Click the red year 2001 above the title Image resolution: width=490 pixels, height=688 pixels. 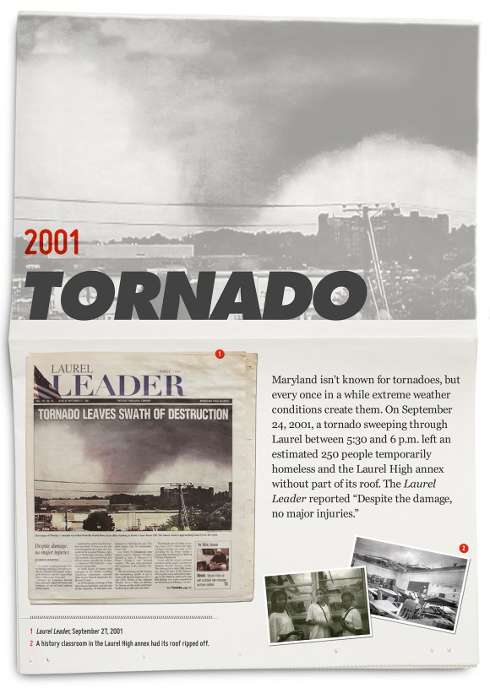click(52, 242)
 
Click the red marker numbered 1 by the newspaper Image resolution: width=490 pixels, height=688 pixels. click(219, 354)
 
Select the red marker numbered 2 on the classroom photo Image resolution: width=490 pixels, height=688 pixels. click(463, 548)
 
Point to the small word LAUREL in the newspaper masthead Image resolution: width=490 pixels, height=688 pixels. click(73, 368)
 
